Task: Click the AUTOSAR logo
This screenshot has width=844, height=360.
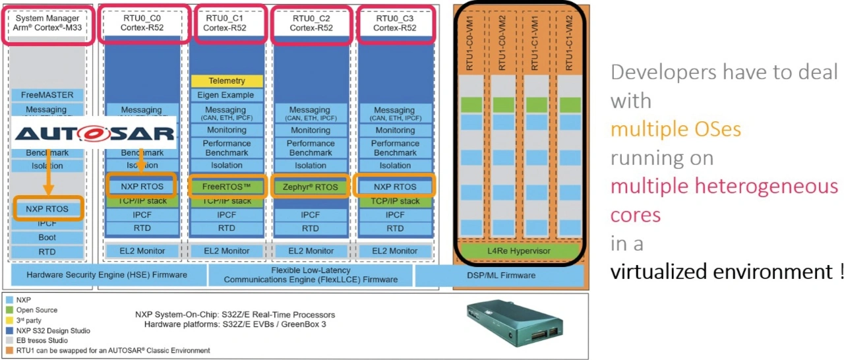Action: (94, 134)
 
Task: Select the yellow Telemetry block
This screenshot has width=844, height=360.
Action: (227, 81)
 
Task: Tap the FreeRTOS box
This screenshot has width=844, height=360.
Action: (227, 187)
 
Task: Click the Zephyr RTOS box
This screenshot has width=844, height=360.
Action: (311, 187)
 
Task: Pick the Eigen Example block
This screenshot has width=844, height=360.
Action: (227, 95)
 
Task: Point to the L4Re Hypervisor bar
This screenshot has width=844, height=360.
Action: (519, 251)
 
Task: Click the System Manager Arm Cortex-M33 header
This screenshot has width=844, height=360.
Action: (47, 23)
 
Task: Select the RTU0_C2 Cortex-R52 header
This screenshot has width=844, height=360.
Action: (311, 23)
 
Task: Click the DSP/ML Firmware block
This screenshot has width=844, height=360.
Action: (499, 275)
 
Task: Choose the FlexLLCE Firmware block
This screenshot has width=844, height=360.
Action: (311, 275)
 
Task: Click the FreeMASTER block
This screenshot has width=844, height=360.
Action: (47, 95)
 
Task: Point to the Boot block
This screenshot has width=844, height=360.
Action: (47, 237)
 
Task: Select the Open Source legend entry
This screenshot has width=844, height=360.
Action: (36, 310)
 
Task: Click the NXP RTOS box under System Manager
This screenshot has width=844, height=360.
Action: (48, 209)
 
